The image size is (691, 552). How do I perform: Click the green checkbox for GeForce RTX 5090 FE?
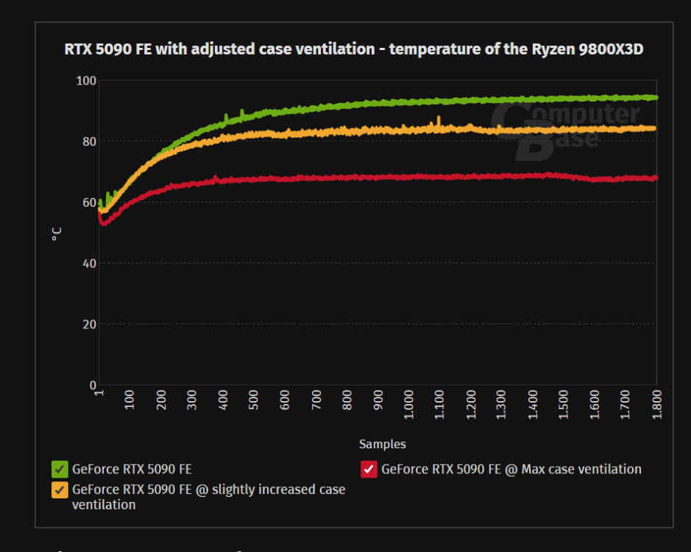pyautogui.click(x=60, y=469)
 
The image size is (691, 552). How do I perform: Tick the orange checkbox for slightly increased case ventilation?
pyautogui.click(x=60, y=489)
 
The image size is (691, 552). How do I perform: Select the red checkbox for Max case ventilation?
pyautogui.click(x=369, y=469)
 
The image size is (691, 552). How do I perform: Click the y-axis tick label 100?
pyautogui.click(x=86, y=80)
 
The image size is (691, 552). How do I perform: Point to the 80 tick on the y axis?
pyautogui.click(x=88, y=141)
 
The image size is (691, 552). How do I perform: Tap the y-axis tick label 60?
pyautogui.click(x=88, y=202)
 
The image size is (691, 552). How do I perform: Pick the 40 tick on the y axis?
pyautogui.click(x=88, y=263)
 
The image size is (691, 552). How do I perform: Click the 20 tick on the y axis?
pyautogui.click(x=88, y=325)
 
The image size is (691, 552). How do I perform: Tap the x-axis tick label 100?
pyautogui.click(x=130, y=400)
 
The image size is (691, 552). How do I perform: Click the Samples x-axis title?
pyautogui.click(x=382, y=444)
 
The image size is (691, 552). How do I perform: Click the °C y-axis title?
pyautogui.click(x=57, y=233)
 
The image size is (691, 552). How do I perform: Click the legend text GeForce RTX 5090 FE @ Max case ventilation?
pyautogui.click(x=511, y=469)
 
